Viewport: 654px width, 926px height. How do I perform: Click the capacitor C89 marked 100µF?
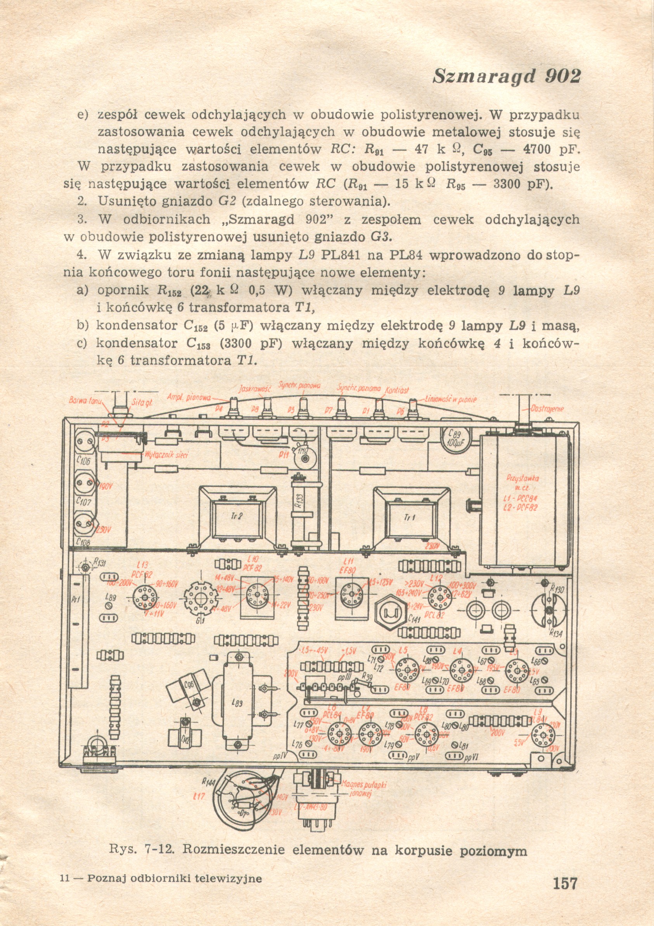[x=455, y=439]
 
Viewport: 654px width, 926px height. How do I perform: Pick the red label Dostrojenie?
[x=547, y=408]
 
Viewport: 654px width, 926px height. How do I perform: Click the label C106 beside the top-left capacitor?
[x=83, y=461]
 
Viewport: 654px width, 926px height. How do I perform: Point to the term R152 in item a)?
[x=169, y=291]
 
